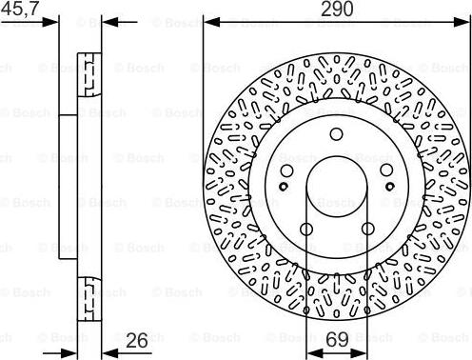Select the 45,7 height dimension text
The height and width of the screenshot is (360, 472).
tap(21, 9)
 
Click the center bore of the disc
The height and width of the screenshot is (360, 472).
tap(336, 182)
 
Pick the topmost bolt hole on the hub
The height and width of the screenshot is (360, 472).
tap(337, 134)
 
